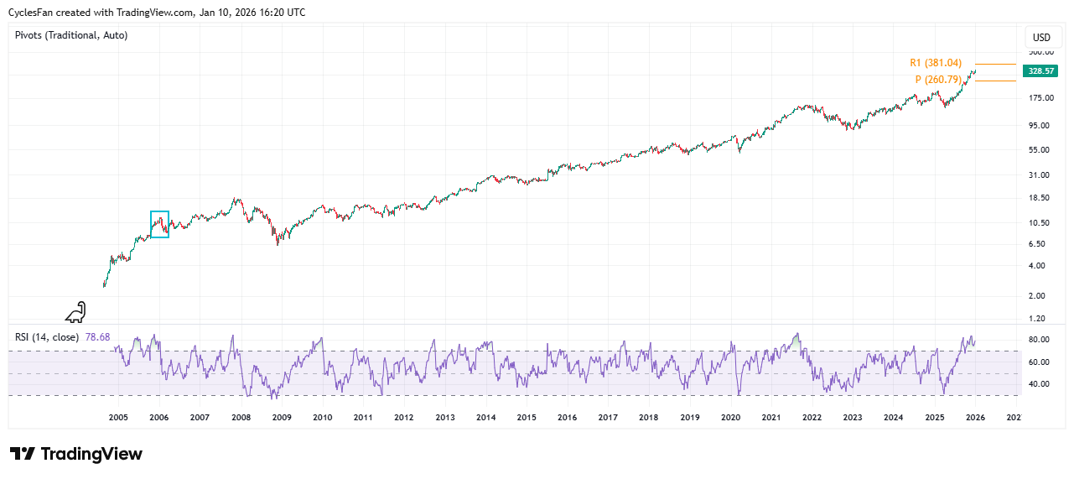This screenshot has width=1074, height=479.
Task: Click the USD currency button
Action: (1041, 38)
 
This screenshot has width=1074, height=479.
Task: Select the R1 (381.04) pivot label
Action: (936, 63)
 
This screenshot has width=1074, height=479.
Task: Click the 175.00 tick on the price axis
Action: (1040, 98)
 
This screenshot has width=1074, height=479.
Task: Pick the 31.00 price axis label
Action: (1040, 174)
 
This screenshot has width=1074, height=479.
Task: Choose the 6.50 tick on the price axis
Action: (1040, 244)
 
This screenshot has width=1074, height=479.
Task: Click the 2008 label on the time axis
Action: (241, 417)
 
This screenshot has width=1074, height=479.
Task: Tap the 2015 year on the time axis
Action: (527, 417)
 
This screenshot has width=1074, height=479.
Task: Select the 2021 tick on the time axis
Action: (771, 417)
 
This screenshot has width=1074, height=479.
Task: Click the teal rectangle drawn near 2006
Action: (159, 224)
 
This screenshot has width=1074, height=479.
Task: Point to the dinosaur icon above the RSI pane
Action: (75, 312)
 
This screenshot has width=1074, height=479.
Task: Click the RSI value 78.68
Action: (97, 337)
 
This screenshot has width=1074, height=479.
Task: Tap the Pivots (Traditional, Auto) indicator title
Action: (71, 35)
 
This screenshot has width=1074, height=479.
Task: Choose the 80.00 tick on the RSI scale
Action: (1040, 340)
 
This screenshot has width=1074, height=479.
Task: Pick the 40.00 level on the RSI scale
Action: (1040, 384)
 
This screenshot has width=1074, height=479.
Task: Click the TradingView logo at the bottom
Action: (76, 454)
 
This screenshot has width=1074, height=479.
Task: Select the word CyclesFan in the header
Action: (32, 13)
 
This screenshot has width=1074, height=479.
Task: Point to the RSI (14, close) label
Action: (47, 337)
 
